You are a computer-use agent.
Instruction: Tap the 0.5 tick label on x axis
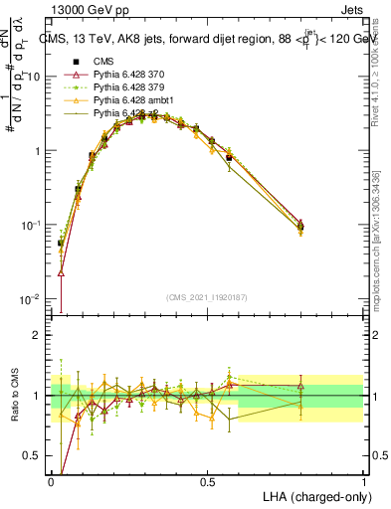pyautogui.click(x=207, y=481)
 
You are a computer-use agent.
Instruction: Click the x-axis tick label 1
pyautogui.click(x=362, y=481)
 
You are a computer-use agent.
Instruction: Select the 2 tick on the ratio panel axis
pyautogui.click(x=40, y=335)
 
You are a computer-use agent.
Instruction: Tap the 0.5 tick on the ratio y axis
pyautogui.click(x=36, y=455)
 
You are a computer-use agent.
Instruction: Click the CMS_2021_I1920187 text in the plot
pyautogui.click(x=207, y=296)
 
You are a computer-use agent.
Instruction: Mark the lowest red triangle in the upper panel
pyautogui.click(x=61, y=270)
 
